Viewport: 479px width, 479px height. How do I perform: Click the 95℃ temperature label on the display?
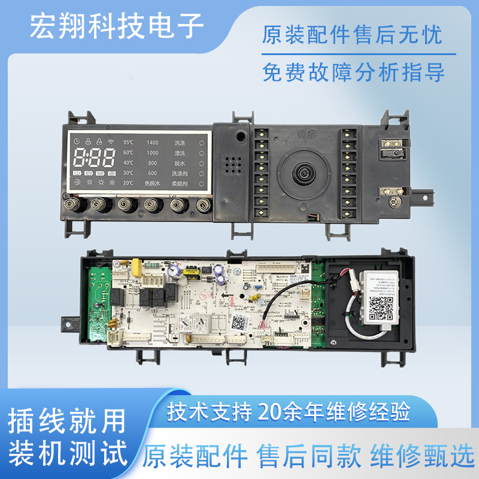[x=128, y=143]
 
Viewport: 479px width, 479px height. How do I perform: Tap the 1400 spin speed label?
[x=152, y=143]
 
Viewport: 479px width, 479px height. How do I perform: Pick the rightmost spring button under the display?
[x=204, y=205]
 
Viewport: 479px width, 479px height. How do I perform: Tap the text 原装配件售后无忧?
[x=352, y=35]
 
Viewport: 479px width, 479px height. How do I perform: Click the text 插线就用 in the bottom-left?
[x=67, y=420]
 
